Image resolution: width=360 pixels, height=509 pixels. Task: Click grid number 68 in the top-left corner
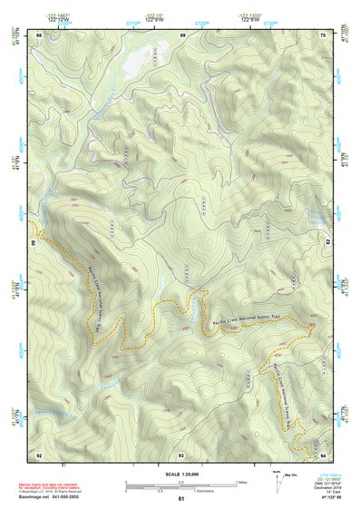(39, 34)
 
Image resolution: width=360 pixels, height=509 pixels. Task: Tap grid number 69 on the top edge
(182, 34)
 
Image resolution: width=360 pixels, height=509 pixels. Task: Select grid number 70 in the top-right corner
(324, 34)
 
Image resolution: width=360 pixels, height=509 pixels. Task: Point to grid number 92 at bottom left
(39, 453)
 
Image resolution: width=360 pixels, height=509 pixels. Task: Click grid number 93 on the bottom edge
(181, 453)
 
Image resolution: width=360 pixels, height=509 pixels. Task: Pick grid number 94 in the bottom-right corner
(324, 453)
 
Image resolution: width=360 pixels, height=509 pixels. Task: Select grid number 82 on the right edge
(328, 243)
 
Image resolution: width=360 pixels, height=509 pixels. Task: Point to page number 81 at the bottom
(181, 500)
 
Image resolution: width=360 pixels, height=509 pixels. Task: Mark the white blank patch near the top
(136, 62)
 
